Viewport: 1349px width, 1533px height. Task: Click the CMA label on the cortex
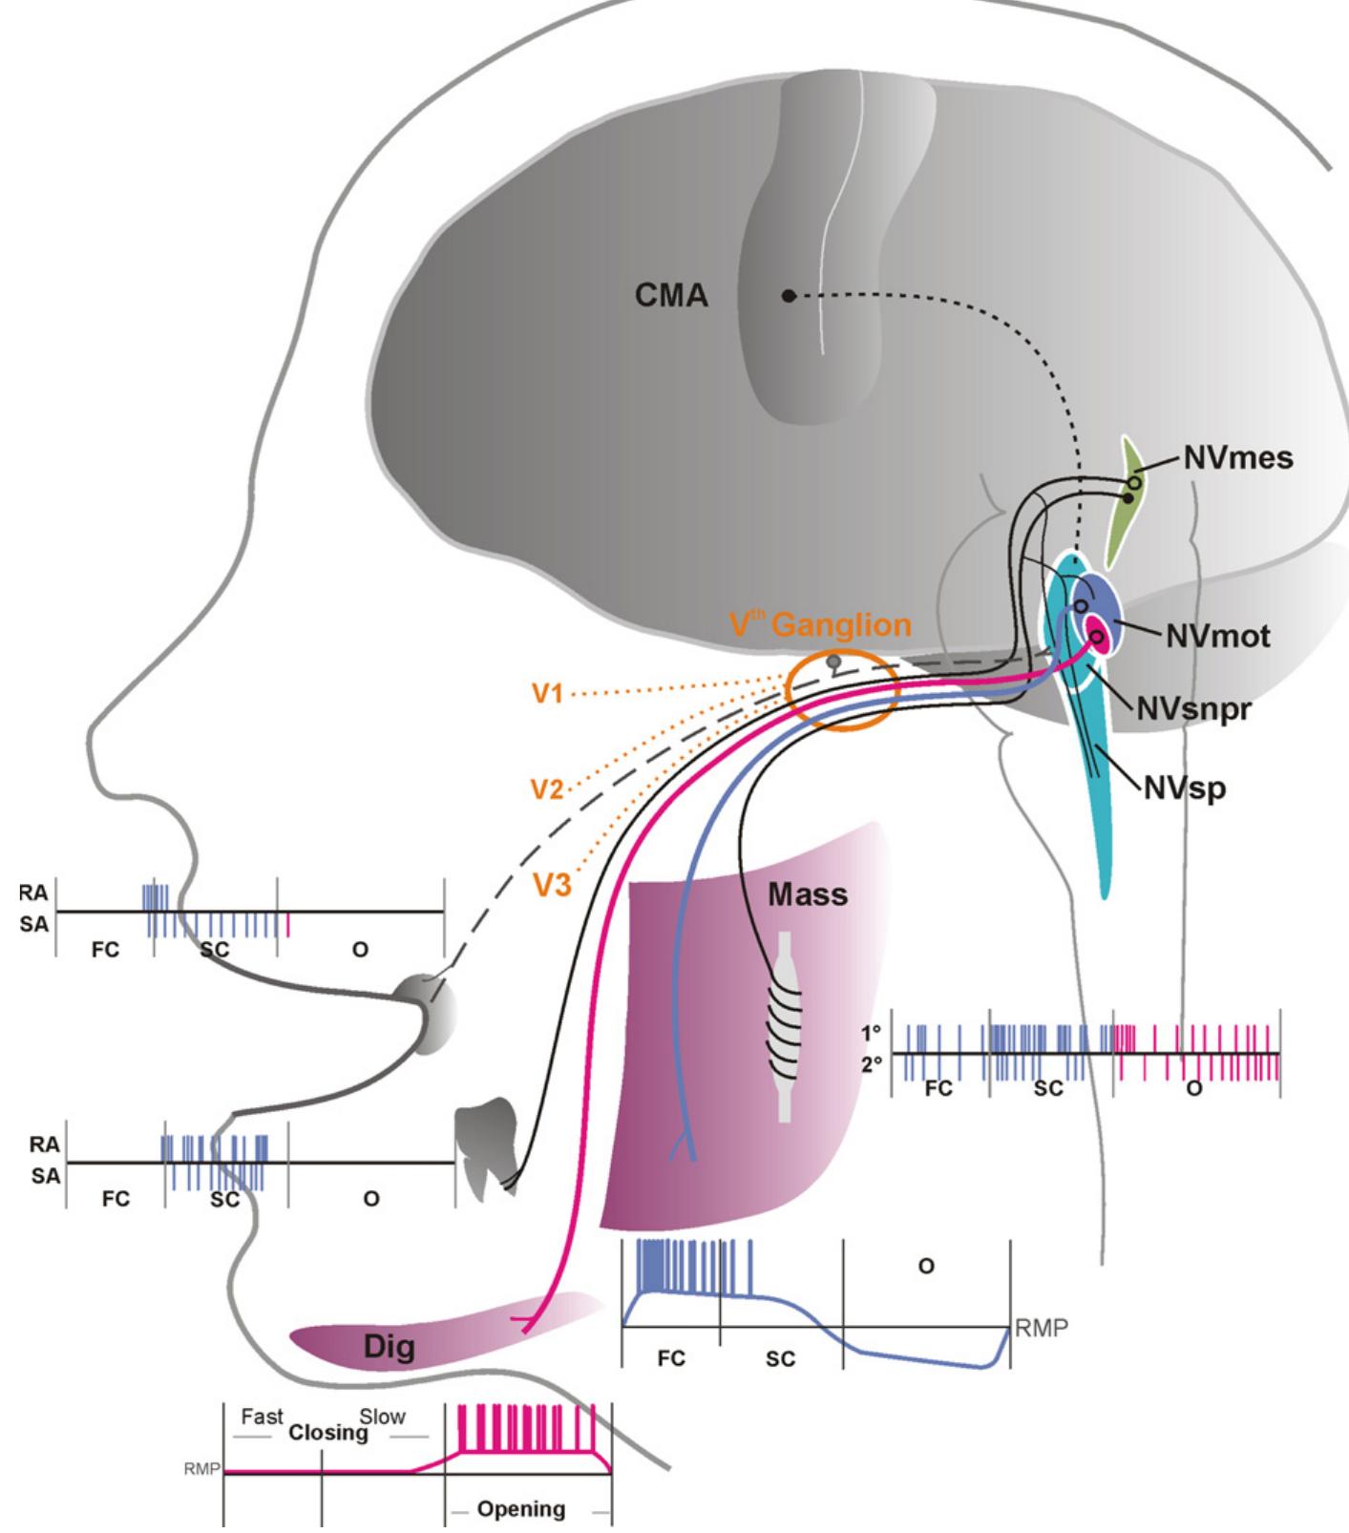pos(671,297)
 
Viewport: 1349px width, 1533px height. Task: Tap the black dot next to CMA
pos(788,296)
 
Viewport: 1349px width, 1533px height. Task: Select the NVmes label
pos(1238,458)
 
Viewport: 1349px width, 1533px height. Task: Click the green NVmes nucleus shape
pos(1133,501)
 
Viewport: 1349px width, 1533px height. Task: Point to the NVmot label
pos(1218,636)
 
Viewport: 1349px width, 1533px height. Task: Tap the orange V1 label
pos(548,694)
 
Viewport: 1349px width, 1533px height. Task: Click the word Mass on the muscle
pos(808,895)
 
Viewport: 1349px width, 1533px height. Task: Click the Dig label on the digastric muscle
pos(390,1347)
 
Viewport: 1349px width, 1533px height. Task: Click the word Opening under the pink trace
pos(520,1509)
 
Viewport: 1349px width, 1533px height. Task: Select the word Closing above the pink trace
pos(328,1432)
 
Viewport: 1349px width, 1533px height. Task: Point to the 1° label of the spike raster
pos(872,1034)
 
